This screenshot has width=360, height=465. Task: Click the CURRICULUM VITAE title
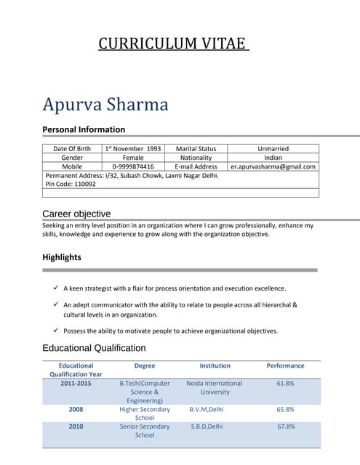[x=174, y=44]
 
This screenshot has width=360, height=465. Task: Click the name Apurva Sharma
[x=105, y=105]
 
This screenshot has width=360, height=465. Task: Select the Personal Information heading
[x=84, y=129]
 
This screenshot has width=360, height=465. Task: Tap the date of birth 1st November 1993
[x=132, y=148]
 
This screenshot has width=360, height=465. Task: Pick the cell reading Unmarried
[x=273, y=148]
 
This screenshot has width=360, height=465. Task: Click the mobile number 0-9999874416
[x=133, y=166]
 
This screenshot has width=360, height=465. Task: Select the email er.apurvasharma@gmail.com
[x=273, y=166]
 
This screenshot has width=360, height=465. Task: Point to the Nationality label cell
[x=196, y=157]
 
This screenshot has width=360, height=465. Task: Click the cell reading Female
[x=133, y=157]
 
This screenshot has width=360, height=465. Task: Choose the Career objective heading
[x=76, y=214]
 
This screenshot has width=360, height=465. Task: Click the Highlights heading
[x=62, y=257]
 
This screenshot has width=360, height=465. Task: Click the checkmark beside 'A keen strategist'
[x=55, y=288]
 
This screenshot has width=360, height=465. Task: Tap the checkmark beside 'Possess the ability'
[x=55, y=331]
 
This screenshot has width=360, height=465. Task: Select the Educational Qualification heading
[x=94, y=348]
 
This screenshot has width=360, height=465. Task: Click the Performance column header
[x=285, y=365]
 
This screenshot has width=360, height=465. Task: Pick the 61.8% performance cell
[x=285, y=383]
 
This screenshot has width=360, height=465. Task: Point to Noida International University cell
[x=215, y=387]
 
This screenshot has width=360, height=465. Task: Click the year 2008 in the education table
[x=76, y=409]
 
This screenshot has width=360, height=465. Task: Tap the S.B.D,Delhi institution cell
[x=206, y=426]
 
